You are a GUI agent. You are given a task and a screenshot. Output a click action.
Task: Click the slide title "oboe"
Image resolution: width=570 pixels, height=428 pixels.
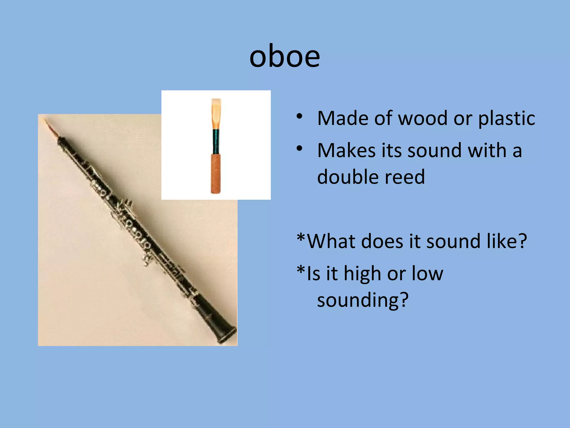(x=284, y=57)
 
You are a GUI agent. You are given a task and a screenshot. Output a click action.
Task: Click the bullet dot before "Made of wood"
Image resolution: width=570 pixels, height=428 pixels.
(x=299, y=116)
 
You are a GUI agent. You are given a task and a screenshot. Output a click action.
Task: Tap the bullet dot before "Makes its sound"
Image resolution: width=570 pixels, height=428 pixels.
(x=299, y=149)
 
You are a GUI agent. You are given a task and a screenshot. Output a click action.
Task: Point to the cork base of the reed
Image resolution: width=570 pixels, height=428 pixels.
(x=216, y=174)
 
